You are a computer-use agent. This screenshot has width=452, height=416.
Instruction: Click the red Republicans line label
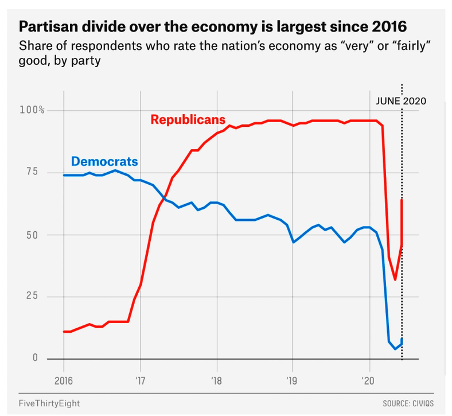188,120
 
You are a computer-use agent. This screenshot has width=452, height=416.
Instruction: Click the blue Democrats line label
104,161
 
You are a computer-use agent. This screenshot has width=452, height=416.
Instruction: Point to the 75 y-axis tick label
37,172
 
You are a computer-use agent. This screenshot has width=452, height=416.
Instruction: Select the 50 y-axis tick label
37,235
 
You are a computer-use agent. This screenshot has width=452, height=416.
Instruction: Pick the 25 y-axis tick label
37,296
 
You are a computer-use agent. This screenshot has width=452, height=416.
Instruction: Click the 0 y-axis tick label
35,358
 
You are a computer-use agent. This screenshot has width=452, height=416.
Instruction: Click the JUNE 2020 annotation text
402,101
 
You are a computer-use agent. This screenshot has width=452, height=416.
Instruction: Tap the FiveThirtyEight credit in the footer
49,403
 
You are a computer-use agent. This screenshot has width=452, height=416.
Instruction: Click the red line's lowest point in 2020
395,279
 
